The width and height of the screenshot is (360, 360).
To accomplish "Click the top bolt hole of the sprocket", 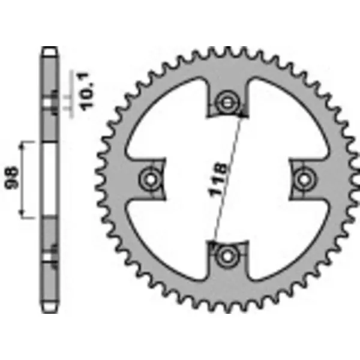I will pos(227,102).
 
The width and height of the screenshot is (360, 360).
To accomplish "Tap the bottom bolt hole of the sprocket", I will pos(227,256).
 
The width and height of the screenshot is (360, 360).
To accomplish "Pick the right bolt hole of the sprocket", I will pos(304,179).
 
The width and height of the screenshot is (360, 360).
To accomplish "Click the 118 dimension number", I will pos(218,179).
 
